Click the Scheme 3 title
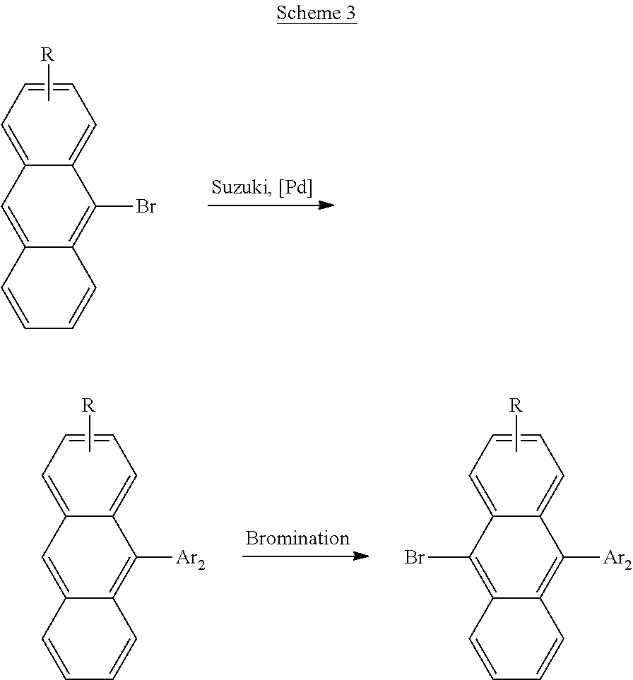(x=316, y=13)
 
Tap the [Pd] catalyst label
(x=295, y=188)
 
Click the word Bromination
(x=297, y=538)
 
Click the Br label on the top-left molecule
(x=146, y=206)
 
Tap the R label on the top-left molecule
(x=47, y=54)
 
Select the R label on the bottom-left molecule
(x=88, y=405)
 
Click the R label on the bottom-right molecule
(x=516, y=405)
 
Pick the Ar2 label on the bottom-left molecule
(x=191, y=559)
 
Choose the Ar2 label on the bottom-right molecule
(x=618, y=559)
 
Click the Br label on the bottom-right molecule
(x=414, y=557)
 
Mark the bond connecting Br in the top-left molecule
(x=114, y=206)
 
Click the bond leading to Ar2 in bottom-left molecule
(x=155, y=557)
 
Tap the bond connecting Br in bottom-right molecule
(x=449, y=557)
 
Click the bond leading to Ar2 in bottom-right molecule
(x=581, y=557)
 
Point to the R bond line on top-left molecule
(x=49, y=83)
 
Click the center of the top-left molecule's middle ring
(x=49, y=206)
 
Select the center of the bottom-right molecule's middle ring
(x=516, y=557)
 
